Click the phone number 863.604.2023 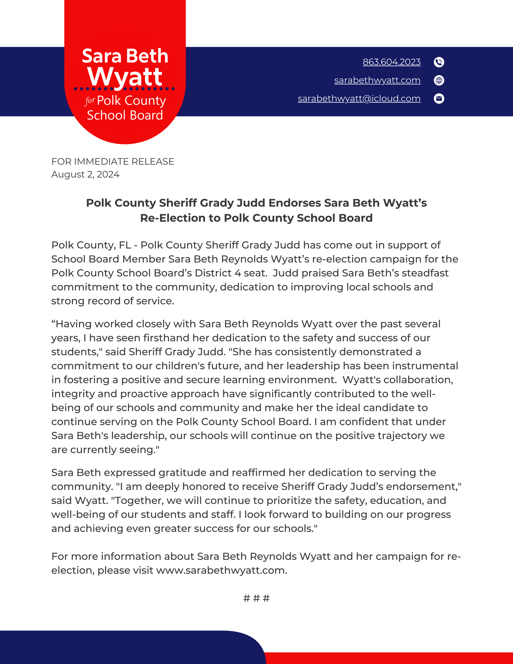pos(391,62)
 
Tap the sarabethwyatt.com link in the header pos(377,80)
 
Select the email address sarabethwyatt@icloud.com pos(359,99)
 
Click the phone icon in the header pos(439,62)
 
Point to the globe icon pos(439,80)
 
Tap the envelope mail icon pos(439,99)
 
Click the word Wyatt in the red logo pos(125,76)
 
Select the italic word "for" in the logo pos(90,101)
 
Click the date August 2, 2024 pos(85,174)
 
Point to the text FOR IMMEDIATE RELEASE pos(112,161)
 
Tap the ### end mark pos(256,598)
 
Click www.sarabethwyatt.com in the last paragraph pos(221,570)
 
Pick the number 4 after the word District pos(237,273)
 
